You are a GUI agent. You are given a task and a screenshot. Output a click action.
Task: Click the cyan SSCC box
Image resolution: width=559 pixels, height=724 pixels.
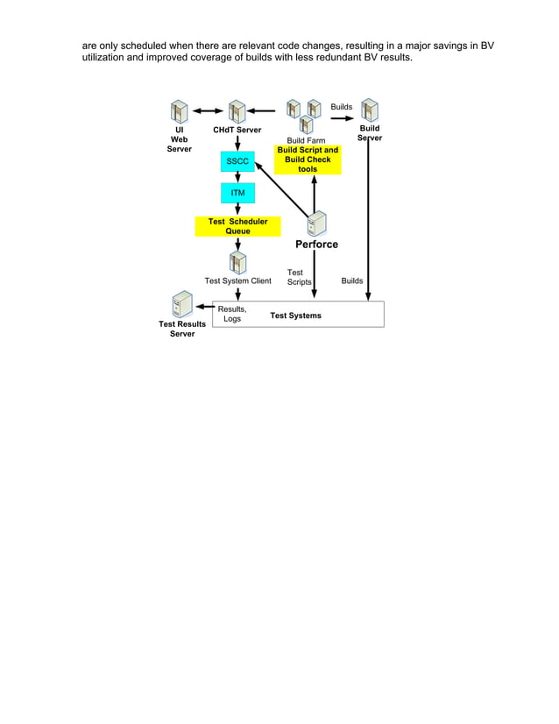237,162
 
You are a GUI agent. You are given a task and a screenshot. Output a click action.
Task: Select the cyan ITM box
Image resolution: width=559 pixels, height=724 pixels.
237,193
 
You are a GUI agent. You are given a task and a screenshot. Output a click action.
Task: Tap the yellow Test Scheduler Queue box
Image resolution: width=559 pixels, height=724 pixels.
237,226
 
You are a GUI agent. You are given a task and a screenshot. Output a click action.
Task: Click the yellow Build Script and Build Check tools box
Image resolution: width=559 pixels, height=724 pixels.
308,160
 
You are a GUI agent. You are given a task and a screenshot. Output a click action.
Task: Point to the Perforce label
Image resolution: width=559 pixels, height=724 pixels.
316,245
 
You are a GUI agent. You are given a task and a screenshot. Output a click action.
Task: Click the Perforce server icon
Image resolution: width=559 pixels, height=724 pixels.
316,223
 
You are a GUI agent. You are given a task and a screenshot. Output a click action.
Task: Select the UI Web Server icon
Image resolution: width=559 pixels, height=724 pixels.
180,112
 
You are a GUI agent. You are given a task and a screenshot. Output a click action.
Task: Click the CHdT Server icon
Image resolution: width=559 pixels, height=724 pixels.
237,111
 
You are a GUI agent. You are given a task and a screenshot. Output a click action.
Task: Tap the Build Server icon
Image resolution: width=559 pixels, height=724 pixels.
369,110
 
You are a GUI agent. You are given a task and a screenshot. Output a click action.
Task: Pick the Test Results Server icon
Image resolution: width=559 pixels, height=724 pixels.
182,305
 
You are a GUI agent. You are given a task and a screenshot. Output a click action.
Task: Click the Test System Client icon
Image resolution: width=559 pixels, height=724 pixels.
237,262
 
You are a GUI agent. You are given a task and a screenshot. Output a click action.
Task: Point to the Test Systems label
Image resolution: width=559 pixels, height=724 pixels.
295,316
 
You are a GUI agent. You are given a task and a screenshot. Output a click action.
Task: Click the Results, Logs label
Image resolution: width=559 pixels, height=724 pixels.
232,314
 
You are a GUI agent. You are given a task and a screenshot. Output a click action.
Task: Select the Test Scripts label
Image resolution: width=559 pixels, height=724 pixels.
299,277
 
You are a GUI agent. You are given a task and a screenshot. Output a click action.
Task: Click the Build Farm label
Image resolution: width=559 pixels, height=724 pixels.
306,140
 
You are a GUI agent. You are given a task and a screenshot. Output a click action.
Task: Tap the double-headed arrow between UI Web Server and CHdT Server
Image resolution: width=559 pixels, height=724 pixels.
209,111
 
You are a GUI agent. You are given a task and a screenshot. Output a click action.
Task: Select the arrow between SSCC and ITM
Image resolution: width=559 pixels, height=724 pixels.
237,177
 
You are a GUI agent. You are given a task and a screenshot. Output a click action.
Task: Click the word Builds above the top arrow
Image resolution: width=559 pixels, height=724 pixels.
342,107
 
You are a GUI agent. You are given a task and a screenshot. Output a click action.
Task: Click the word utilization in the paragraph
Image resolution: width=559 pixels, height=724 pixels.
110,58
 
